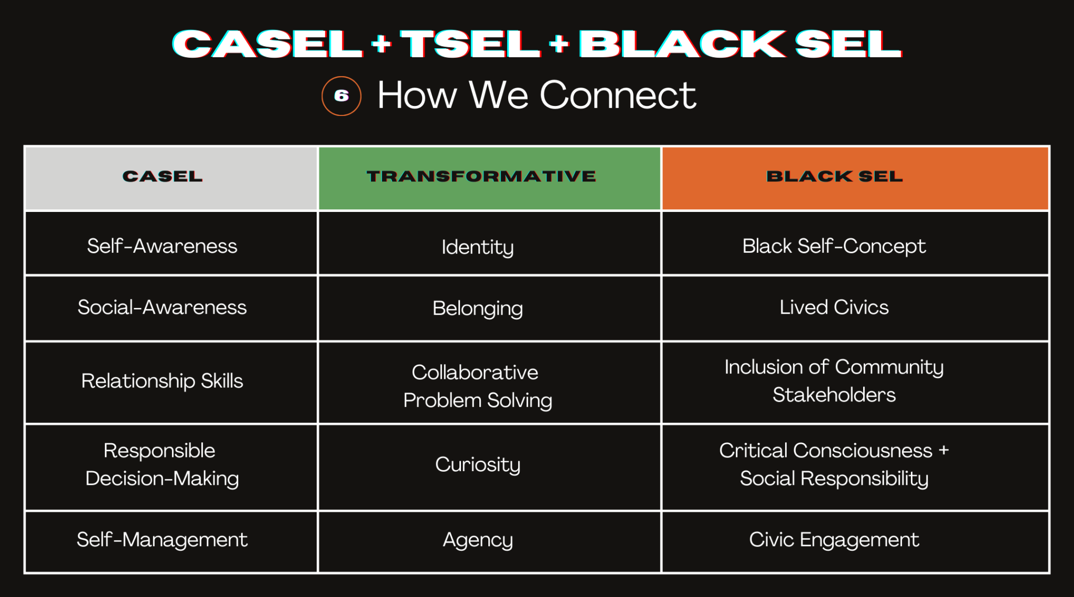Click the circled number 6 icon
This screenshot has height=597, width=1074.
(x=341, y=96)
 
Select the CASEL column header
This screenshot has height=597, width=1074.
(x=163, y=177)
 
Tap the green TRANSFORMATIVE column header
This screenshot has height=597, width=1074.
(x=481, y=177)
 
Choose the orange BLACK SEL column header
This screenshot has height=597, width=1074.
(x=834, y=177)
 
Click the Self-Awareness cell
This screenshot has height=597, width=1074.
(x=162, y=246)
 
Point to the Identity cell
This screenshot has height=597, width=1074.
(x=477, y=247)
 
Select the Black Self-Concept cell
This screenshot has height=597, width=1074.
(x=834, y=246)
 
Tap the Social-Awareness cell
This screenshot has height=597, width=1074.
(x=162, y=307)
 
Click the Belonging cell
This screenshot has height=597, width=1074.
(x=477, y=308)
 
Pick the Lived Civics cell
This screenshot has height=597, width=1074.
(x=834, y=307)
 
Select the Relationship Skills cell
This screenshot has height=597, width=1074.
(x=162, y=381)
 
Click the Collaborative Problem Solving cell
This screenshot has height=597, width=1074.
(x=477, y=386)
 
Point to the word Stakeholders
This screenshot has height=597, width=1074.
(x=834, y=395)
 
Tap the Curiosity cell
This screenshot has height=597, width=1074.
(x=477, y=464)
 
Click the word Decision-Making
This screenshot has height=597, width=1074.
(x=162, y=478)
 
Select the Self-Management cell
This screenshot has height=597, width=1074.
(x=162, y=540)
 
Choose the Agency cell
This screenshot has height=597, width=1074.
(x=477, y=540)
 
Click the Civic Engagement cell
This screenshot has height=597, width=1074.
(x=834, y=540)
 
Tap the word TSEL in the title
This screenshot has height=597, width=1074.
(x=470, y=44)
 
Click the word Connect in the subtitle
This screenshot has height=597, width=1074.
(x=617, y=95)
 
